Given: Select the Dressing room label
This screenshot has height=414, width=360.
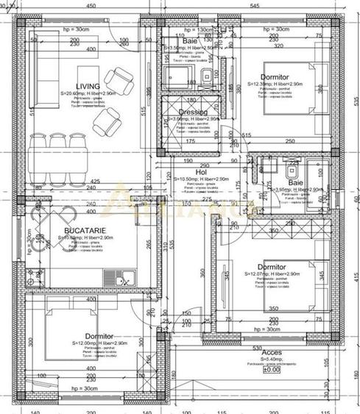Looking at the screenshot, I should pos(192,112).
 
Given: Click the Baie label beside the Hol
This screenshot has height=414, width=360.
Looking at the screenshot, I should pos(295,182).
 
